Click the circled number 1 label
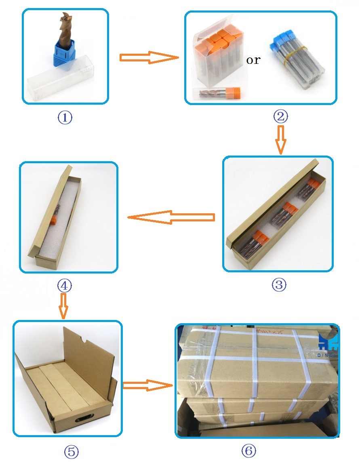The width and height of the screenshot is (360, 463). [65, 118]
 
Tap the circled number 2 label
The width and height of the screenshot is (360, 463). [280, 117]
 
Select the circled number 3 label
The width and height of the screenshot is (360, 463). [279, 285]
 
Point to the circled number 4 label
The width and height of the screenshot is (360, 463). [65, 286]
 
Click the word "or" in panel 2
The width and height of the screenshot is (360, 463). [253, 61]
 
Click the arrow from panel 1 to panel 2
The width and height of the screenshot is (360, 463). [149, 57]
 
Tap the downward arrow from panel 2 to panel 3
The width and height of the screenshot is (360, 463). [281, 140]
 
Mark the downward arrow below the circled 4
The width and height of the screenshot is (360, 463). [63, 306]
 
